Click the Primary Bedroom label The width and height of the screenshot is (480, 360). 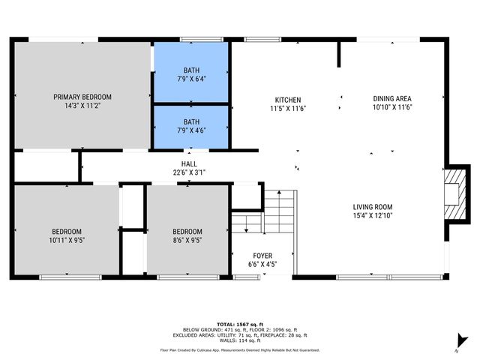tap(82, 97)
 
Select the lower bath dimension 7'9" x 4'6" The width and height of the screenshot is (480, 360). tap(191, 130)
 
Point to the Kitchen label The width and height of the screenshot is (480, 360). tap(287, 100)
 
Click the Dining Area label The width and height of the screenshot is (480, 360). tap(392, 98)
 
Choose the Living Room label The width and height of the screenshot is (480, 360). tap(373, 207)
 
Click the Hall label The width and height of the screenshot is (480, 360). tap(189, 163)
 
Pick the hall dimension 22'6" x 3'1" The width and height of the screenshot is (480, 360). tap(189, 172)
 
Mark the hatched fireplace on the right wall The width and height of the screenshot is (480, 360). tap(454, 193)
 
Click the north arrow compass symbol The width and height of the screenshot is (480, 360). tap(462, 341)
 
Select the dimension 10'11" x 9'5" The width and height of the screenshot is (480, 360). tap(67, 241)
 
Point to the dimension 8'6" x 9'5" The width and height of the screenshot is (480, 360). tap(187, 241)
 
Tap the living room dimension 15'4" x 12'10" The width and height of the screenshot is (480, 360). tap(373, 217)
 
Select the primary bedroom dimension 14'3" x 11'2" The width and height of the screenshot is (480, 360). tap(82, 106)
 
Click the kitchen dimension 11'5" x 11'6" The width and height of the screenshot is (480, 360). tap(287, 109)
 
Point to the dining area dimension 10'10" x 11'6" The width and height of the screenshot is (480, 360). tap(392, 107)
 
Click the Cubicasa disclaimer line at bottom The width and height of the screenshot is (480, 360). tap(239, 349)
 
